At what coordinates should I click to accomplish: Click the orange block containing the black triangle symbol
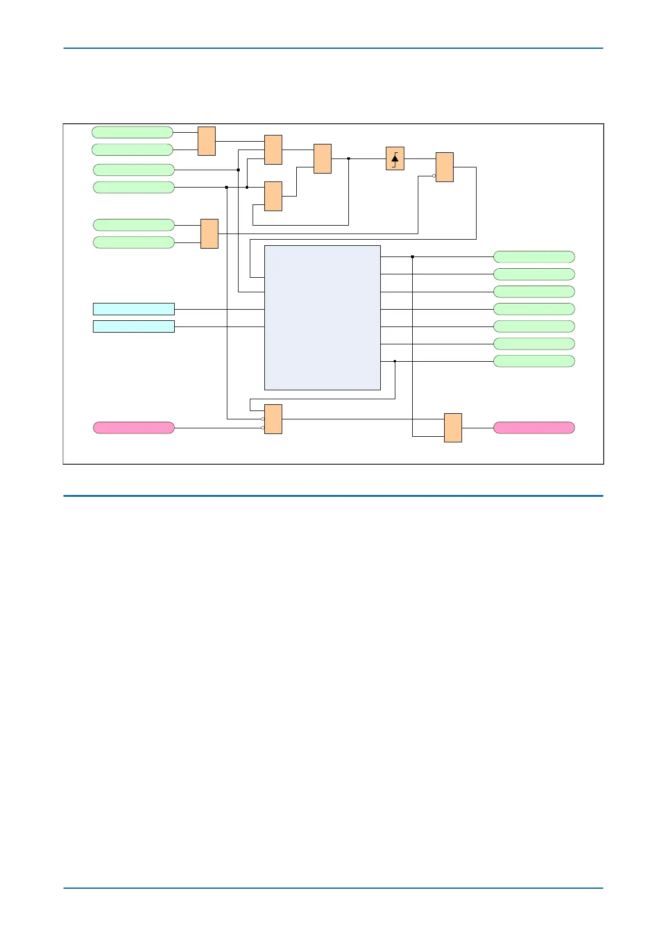pos(395,158)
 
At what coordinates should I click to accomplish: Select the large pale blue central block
pos(322,318)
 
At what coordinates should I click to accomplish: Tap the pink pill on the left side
pos(133,428)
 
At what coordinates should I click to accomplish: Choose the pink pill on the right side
pos(534,428)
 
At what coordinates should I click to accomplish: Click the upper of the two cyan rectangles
pos(133,309)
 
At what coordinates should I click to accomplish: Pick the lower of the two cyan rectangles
pos(133,326)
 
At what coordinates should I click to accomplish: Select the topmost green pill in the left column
pos(132,132)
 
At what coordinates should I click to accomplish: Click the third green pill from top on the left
pos(133,170)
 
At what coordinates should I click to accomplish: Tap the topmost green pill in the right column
pos(534,257)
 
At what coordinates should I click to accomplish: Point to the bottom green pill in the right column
pos(534,361)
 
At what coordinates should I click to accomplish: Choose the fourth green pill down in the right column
pos(534,309)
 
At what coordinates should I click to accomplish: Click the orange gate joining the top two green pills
pos(207,141)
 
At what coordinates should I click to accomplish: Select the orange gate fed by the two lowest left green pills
pos(209,234)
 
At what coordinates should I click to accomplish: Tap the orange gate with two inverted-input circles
pos(273,419)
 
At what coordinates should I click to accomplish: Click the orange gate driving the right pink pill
pos(453,428)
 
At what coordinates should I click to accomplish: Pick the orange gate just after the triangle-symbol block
pos(445,167)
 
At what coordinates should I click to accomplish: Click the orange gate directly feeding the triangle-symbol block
pos(323,158)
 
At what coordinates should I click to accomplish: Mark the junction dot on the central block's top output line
pos(412,257)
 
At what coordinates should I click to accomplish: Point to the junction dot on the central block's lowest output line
pos(395,361)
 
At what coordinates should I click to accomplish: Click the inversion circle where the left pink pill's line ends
pos(263,428)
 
